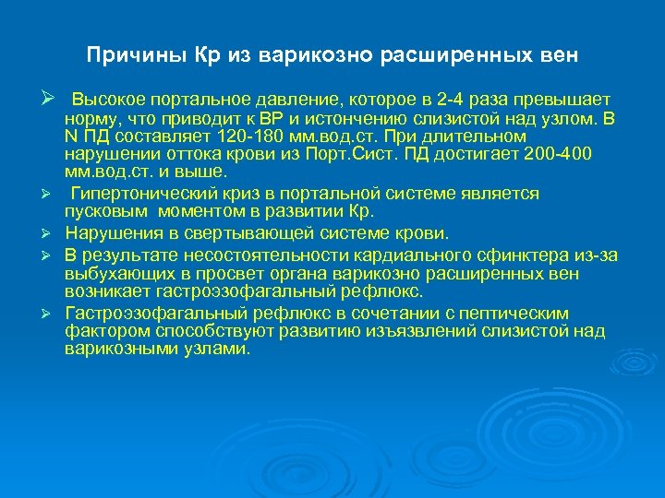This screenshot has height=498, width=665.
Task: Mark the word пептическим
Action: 515,314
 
